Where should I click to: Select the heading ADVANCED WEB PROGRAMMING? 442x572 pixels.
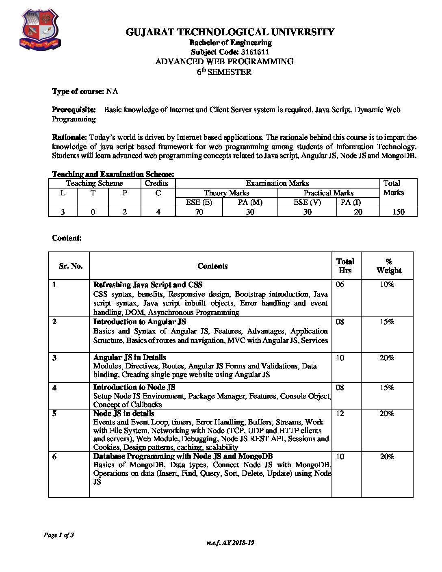[224, 62]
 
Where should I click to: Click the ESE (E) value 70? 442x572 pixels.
[199, 212]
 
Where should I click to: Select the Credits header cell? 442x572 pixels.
[156, 183]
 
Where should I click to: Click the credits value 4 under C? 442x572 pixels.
[158, 212]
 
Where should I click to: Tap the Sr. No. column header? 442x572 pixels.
[71, 266]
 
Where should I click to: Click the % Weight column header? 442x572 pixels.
[389, 266]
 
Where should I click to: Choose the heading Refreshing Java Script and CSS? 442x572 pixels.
[148, 285]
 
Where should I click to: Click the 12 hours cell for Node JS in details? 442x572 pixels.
[340, 414]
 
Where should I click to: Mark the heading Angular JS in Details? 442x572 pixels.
[130, 357]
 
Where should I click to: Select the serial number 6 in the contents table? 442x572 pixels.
[54, 457]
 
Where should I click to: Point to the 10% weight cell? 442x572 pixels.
[387, 284]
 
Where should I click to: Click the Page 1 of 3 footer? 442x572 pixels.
[59, 535]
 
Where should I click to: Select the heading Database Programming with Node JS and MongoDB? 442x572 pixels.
[183, 456]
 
